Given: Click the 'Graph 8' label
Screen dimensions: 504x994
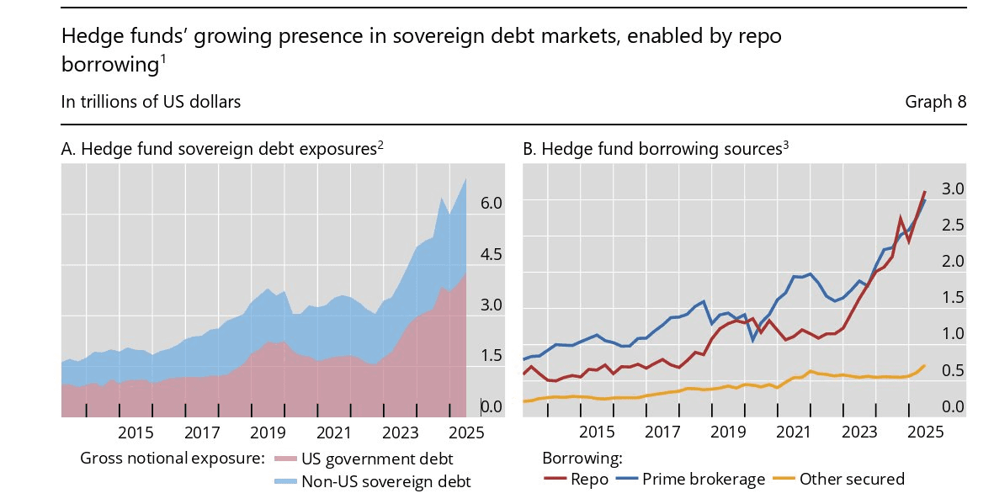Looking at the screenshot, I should click(935, 102).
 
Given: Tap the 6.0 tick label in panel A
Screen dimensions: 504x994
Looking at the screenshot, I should click(491, 204).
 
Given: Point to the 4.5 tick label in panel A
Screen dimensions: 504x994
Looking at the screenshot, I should click(491, 255).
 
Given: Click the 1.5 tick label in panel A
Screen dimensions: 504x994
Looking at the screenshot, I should click(491, 356).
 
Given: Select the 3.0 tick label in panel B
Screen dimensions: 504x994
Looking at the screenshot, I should click(953, 189).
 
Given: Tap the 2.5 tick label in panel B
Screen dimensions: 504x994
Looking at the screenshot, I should click(953, 225).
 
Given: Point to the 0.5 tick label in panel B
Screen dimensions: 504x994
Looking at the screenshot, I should click(953, 370).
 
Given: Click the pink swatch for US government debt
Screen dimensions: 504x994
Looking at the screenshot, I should click(284, 459).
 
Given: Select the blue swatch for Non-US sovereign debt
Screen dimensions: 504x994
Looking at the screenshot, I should click(284, 482).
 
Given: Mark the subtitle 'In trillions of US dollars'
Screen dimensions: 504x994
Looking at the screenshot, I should click(151, 102).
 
